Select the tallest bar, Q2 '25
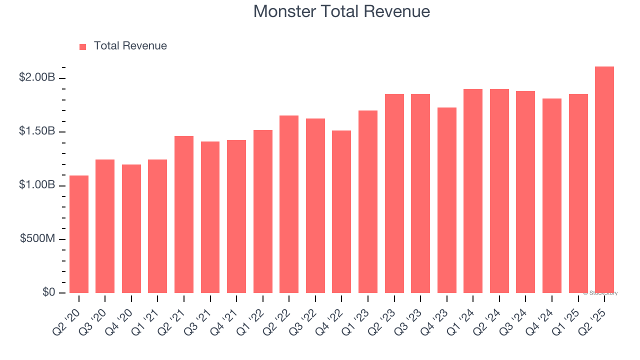(x=604, y=180)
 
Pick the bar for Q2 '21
(x=184, y=214)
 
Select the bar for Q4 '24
(x=552, y=195)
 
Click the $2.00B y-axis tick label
(x=36, y=77)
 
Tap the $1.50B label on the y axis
(x=36, y=131)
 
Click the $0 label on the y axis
(x=48, y=292)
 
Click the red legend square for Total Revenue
(x=83, y=47)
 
